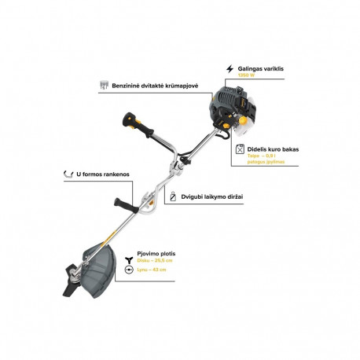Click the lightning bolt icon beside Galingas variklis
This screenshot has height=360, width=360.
tap(230, 68)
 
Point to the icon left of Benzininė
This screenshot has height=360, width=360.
tap(104, 83)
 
